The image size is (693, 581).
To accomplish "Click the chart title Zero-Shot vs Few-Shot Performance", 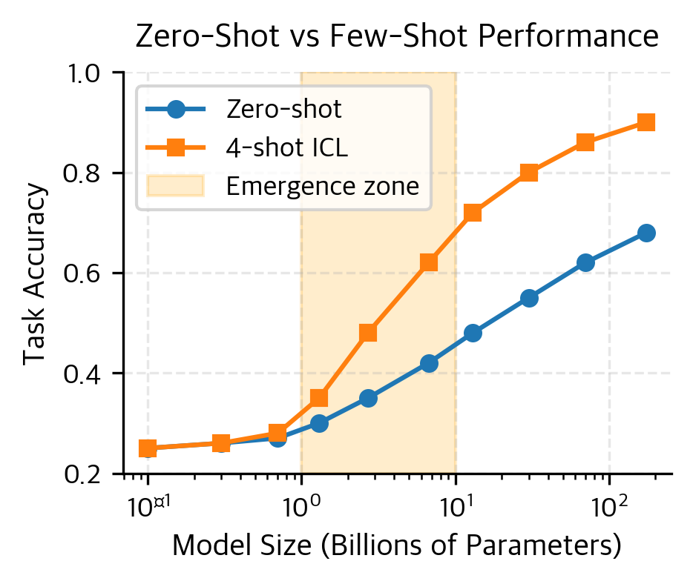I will (x=397, y=37).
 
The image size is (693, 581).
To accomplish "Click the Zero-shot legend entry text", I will (x=283, y=110).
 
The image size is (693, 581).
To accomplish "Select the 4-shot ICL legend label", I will (x=286, y=148).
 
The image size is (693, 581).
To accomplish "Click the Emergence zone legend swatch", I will (x=175, y=186).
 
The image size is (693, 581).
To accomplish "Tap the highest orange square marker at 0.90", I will (x=646, y=122).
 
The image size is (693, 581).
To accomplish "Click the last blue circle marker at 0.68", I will (x=646, y=233).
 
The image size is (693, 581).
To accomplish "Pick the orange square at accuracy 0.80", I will (x=529, y=173).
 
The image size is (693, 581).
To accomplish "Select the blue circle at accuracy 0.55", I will (x=529, y=298).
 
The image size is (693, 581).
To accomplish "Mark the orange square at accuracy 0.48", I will (x=368, y=333).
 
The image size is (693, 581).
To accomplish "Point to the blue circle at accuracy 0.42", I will (x=429, y=363).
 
